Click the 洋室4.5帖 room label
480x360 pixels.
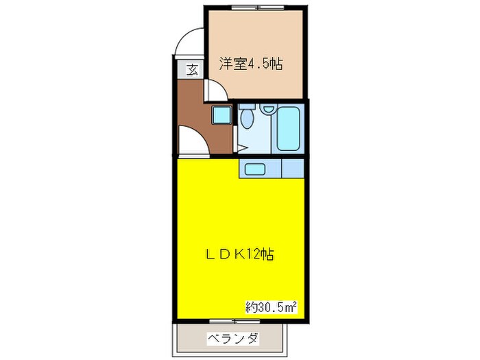251,64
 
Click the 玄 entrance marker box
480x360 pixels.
191,69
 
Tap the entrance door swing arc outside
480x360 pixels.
187,43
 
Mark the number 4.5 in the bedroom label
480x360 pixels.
261,64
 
